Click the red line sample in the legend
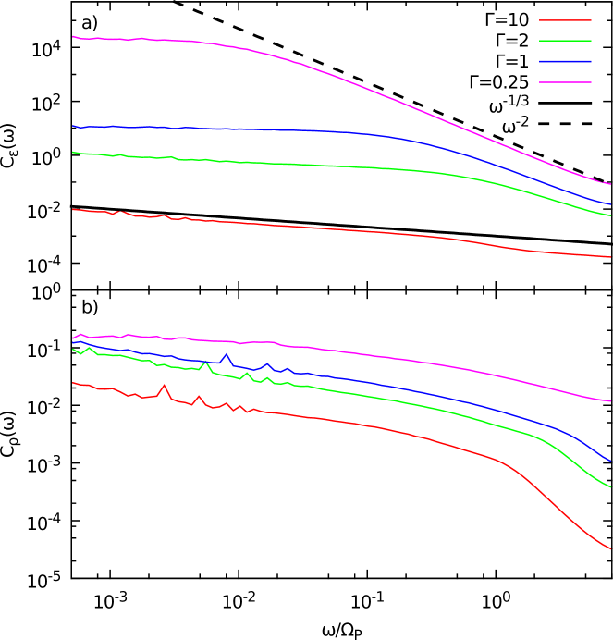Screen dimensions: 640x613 tap(565, 20)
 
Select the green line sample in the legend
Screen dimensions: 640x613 tap(565, 41)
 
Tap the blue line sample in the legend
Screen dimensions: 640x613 tap(565, 62)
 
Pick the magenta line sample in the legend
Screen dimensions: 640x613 tap(565, 82)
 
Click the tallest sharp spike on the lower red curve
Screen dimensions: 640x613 tap(165, 386)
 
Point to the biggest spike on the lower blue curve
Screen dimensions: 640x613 tap(226, 354)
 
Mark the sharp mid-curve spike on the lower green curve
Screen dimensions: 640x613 tap(205, 363)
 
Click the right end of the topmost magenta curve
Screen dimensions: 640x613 tap(610, 184)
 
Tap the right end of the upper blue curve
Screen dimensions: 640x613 tap(610, 204)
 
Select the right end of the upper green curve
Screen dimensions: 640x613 tap(610, 215)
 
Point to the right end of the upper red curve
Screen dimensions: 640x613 tap(610, 257)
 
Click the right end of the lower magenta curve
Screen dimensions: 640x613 tap(610, 401)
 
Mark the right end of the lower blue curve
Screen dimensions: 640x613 tap(610, 461)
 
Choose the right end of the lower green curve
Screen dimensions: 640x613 tap(610, 486)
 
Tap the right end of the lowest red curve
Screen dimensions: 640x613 tap(610, 549)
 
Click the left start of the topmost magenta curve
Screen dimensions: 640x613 tap(73, 36)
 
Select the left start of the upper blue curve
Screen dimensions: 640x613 tap(73, 126)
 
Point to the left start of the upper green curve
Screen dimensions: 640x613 tap(73, 152)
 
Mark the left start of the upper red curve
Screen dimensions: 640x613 tap(73, 209)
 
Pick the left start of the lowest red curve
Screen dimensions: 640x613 tap(73, 382)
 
